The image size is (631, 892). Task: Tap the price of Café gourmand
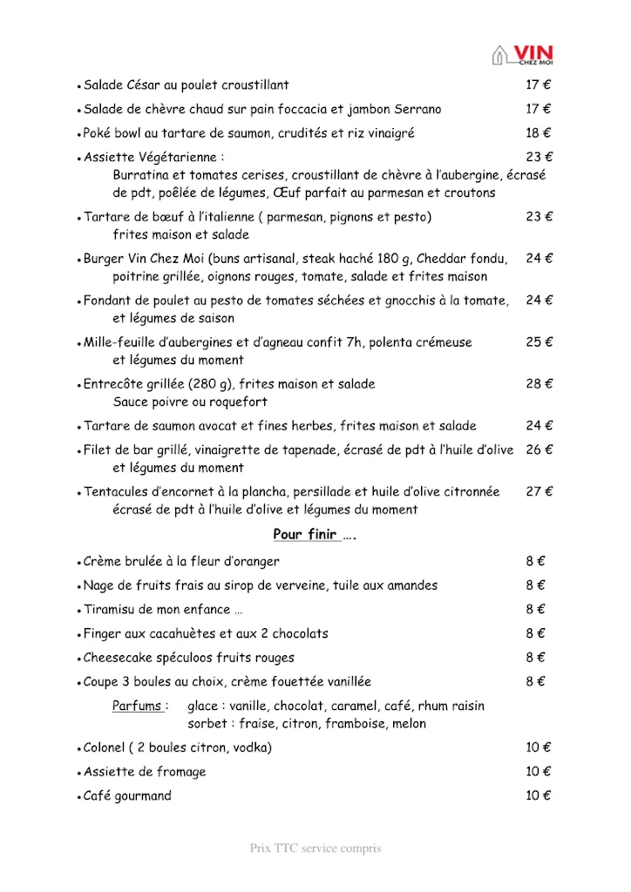click(x=539, y=795)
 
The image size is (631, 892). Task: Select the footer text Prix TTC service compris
click(x=315, y=848)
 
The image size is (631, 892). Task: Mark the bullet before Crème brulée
click(x=79, y=563)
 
